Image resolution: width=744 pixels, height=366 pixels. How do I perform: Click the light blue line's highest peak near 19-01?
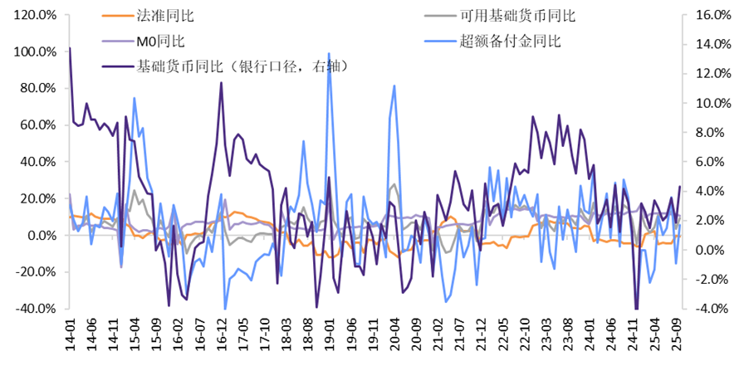point(330,53)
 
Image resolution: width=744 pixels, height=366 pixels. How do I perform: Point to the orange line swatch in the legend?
point(115,15)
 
